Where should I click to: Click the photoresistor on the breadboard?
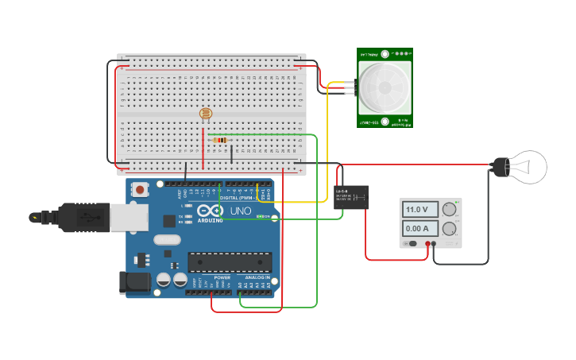coord(206,114)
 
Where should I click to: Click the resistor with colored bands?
coord(220,140)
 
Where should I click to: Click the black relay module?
coord(350,196)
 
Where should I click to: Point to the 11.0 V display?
coord(419,210)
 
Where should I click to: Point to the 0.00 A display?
coord(419,229)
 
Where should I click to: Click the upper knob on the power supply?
coord(450,210)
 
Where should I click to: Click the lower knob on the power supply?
coord(450,229)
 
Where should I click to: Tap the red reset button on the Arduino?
coord(141,189)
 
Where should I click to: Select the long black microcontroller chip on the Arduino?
coord(230,261)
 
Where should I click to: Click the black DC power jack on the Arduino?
coord(133,282)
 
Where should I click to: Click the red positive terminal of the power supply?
coord(427,244)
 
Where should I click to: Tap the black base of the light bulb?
coord(500,167)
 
